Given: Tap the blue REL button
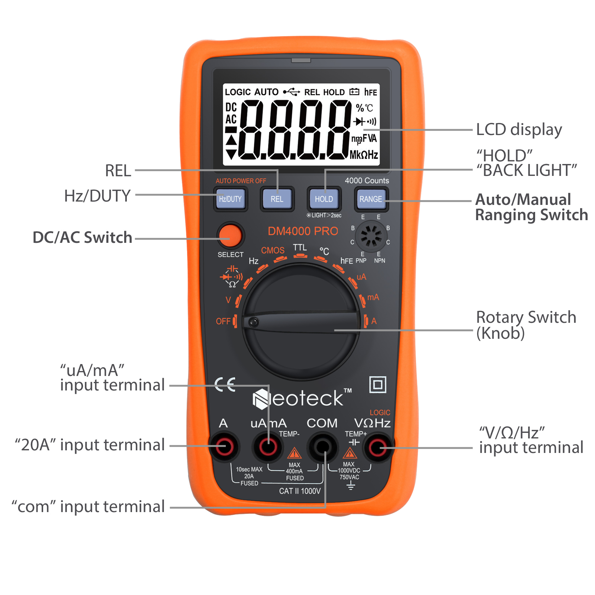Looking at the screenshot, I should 277,199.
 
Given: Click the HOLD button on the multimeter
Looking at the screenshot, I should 324,199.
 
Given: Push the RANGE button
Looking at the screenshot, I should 370,199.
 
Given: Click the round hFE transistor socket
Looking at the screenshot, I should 371,236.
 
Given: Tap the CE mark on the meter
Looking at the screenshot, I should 225,385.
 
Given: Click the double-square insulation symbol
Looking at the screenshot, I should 378,385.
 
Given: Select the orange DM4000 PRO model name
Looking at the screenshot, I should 303,231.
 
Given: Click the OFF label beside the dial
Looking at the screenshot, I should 223,321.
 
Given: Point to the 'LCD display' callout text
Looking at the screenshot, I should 519,130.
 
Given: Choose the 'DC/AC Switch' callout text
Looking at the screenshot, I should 82,237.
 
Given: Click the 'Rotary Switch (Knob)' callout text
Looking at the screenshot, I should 526,325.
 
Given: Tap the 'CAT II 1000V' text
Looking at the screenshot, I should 300,491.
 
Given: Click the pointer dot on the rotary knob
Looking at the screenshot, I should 254,322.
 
